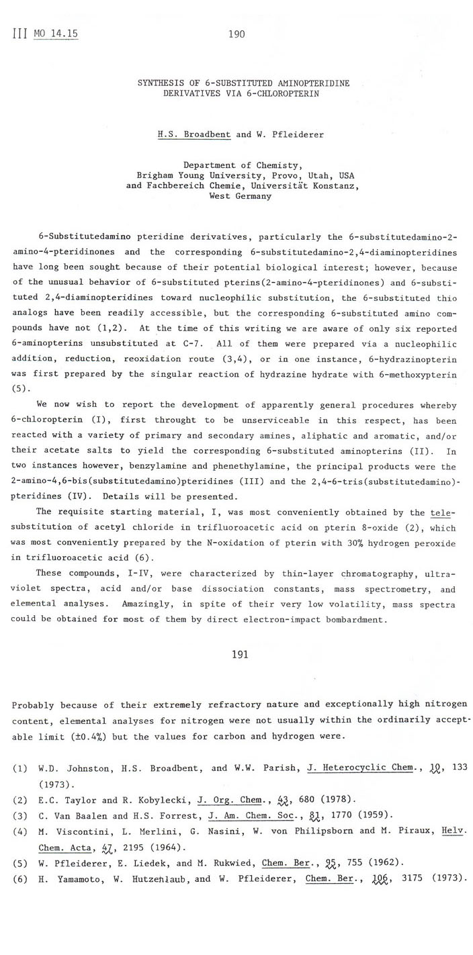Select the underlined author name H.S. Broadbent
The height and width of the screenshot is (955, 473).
[x=194, y=134]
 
